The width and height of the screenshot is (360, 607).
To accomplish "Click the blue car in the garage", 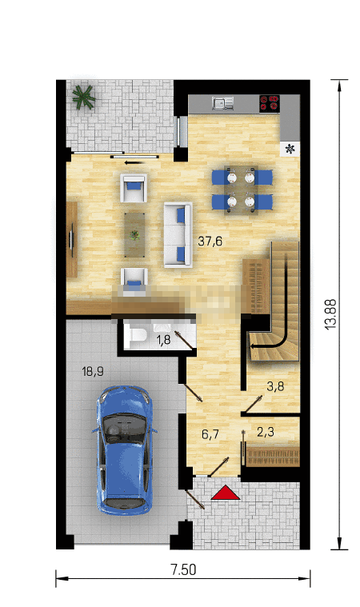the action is [124, 449].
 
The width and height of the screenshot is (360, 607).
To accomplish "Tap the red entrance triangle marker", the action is [226, 493].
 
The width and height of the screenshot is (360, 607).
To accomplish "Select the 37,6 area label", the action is [210, 242].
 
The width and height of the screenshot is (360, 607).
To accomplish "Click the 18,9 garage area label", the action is [93, 372].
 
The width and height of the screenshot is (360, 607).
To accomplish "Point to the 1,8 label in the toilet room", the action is [163, 340].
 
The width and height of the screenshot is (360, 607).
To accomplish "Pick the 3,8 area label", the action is [276, 386].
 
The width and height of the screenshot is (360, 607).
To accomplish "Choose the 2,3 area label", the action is [266, 432].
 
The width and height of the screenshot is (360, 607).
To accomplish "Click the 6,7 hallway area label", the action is [210, 434].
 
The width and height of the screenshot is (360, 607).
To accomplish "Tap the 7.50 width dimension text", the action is [183, 569].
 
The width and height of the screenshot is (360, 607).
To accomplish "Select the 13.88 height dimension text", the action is [331, 314].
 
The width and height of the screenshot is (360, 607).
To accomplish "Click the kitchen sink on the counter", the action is [223, 103].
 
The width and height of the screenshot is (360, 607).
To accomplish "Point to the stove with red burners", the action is [270, 103].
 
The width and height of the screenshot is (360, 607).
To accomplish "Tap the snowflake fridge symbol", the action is [290, 148].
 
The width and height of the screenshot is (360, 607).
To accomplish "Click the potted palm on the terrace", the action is [83, 97].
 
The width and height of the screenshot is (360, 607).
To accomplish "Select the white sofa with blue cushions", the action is [178, 234].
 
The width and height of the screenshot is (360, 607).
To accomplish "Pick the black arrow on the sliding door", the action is [133, 162].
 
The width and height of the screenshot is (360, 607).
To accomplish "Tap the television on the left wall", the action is [72, 239].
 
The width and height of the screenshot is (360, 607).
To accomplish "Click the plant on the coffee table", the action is [134, 234].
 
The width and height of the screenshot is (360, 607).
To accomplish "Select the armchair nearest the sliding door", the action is [134, 188].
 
